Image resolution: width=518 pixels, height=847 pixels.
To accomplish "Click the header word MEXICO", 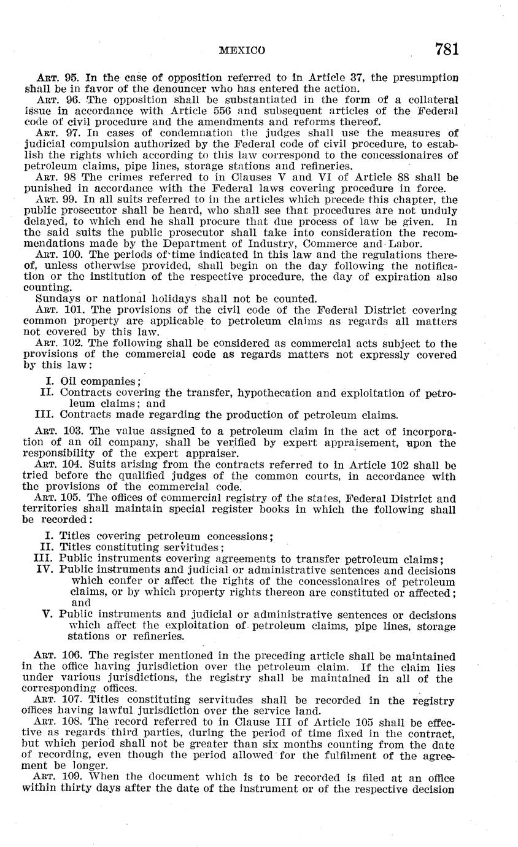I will pyautogui.click(x=242, y=50).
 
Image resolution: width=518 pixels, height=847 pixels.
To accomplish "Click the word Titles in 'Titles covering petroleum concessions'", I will pyautogui.click(x=74, y=536).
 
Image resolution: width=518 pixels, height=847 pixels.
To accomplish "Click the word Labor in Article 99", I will pyautogui.click(x=405, y=243).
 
